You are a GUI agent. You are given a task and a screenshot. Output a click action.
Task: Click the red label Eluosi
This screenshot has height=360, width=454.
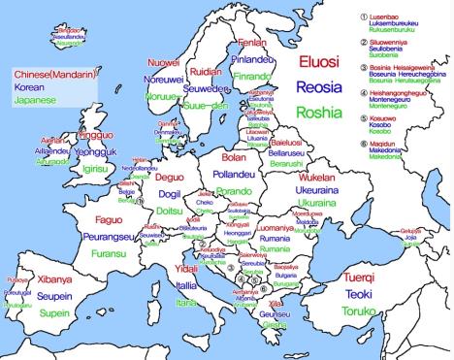pyautogui.click(x=319, y=63)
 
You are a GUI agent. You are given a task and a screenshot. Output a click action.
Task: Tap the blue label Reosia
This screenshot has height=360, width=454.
pyautogui.click(x=319, y=87)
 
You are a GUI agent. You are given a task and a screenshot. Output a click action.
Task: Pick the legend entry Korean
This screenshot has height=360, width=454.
pyautogui.click(x=28, y=86)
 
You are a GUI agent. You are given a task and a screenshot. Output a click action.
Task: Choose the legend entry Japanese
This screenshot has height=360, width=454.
pyautogui.click(x=34, y=99)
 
